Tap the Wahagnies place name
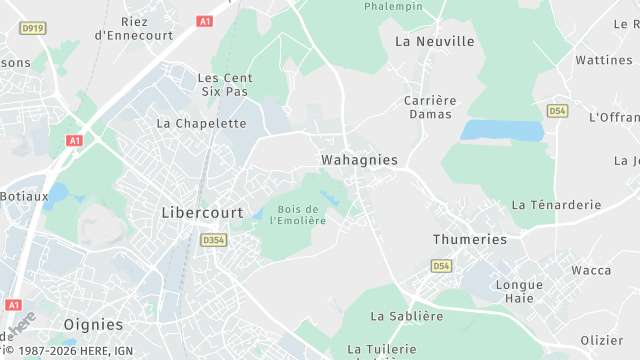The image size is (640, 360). (x=359, y=160)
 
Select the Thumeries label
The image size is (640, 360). (x=469, y=240)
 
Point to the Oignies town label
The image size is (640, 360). (x=93, y=325)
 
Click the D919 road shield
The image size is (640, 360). (x=33, y=28)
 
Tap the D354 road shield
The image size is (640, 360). (x=213, y=240)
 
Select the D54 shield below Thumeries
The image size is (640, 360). (x=441, y=266)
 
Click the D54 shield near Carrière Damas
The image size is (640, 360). (x=557, y=110)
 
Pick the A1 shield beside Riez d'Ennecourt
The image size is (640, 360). (x=205, y=21)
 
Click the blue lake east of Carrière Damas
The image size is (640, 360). (x=502, y=131)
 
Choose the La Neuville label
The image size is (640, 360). (x=435, y=42)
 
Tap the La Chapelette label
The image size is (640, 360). (x=201, y=124)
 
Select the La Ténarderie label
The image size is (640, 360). (x=556, y=205)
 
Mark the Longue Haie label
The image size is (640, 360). (x=519, y=291)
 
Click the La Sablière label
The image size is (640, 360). (x=406, y=316)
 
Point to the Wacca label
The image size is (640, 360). (x=590, y=270)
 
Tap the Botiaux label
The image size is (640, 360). (x=24, y=196)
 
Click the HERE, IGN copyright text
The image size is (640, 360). (x=67, y=350)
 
